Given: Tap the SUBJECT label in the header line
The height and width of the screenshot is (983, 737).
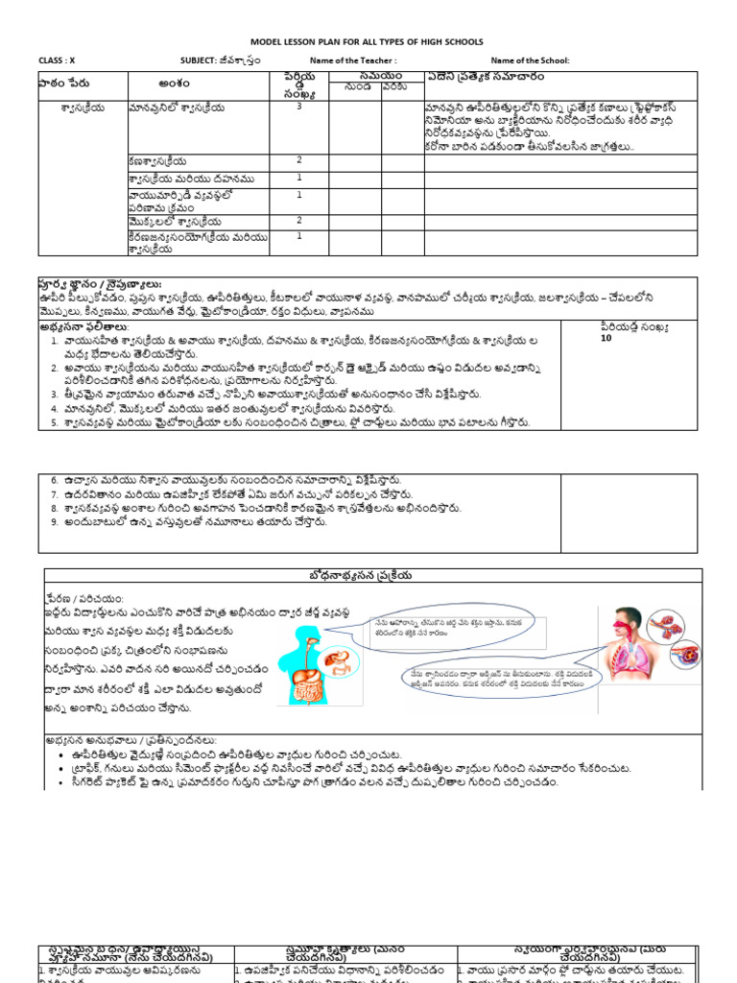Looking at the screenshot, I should coord(194,60).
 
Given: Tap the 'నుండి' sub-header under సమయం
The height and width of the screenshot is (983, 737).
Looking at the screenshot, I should coord(355,87).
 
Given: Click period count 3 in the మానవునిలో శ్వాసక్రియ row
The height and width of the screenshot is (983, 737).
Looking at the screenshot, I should coord(298,108).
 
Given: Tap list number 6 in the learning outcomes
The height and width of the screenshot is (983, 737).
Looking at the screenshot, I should coord(55,480).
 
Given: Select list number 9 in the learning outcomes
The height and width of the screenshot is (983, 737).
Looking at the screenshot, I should coord(55,521).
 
